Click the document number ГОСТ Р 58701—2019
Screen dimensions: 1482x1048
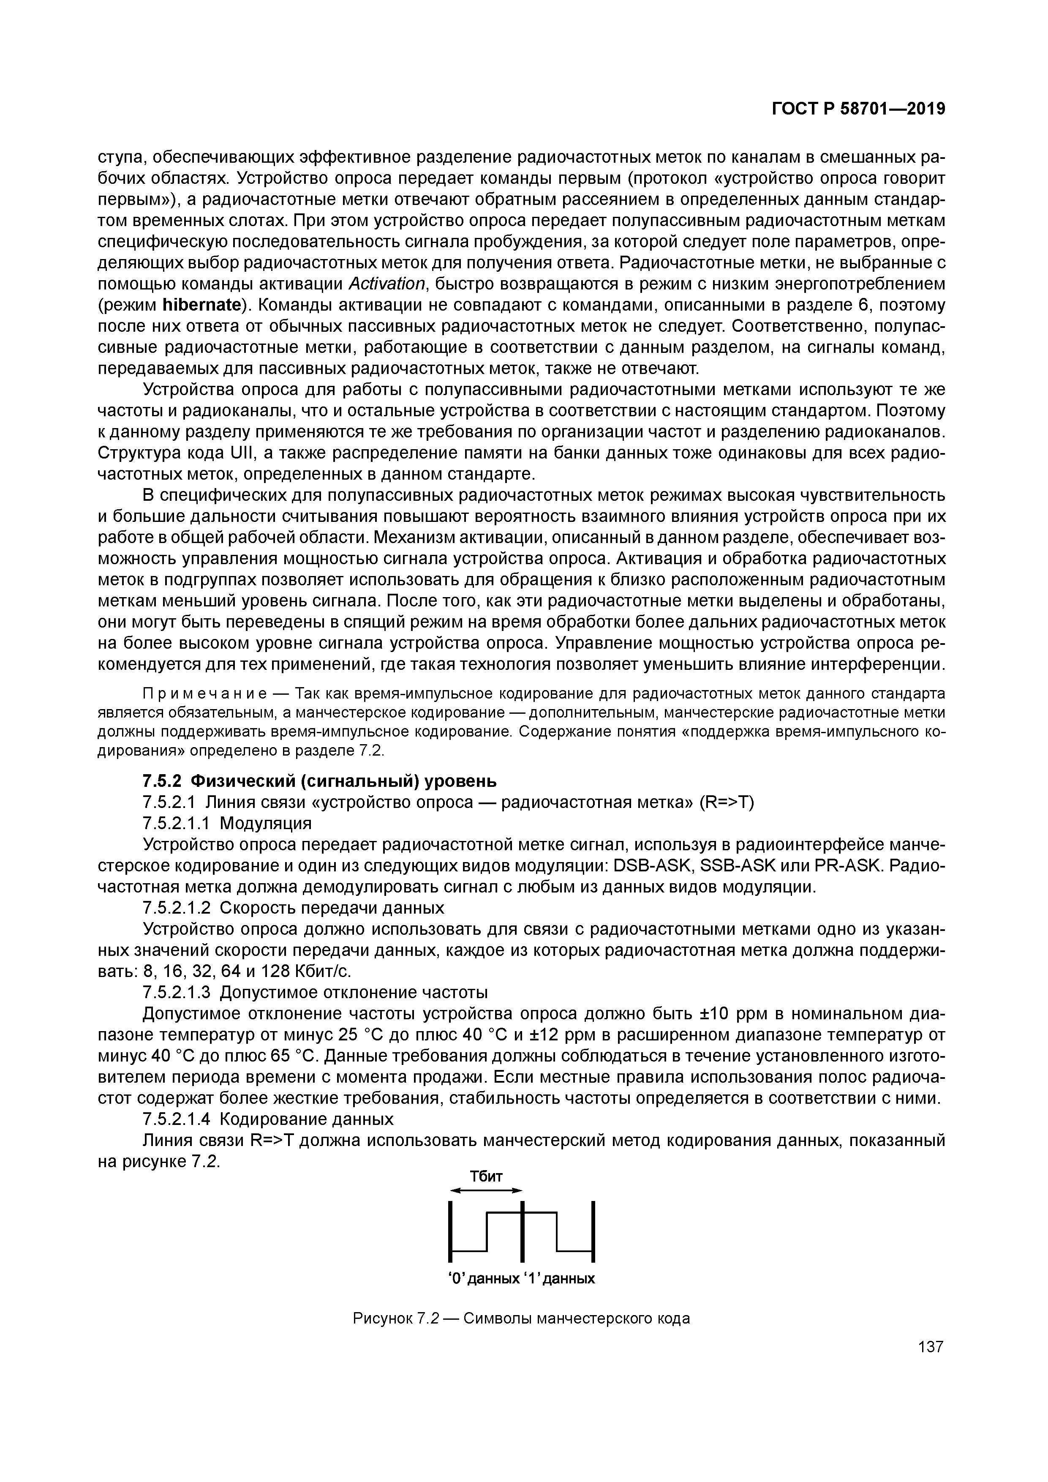tap(858, 109)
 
